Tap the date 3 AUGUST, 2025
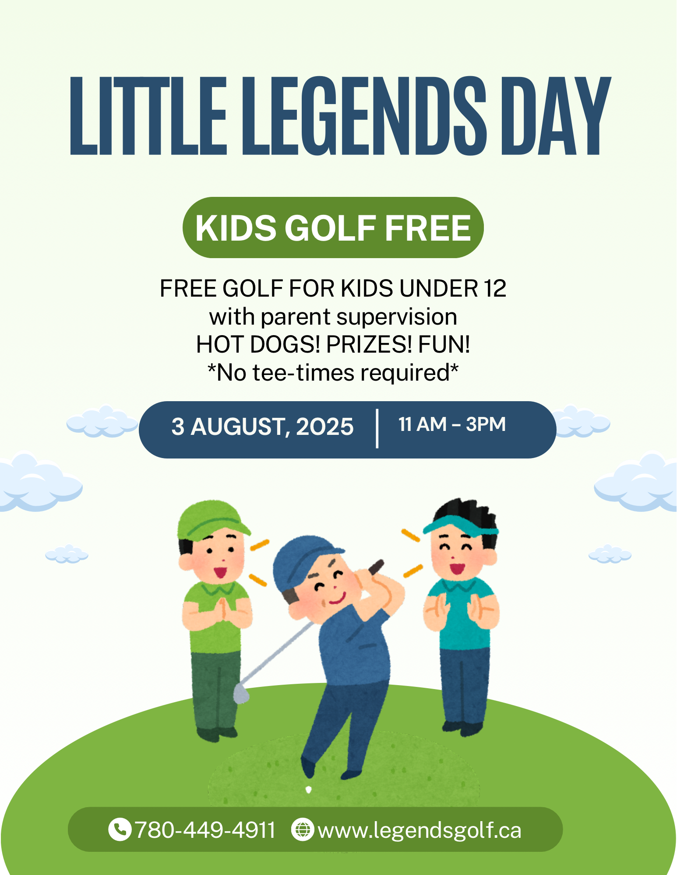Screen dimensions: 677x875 tap(262, 427)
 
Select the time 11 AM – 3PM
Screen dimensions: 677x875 tap(452, 424)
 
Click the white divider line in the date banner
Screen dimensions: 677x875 tap(377, 429)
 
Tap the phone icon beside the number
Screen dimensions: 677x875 tap(120, 829)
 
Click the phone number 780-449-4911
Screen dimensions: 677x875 tap(205, 830)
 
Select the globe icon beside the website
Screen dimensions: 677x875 tap(303, 829)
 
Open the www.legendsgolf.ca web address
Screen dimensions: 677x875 tap(420, 830)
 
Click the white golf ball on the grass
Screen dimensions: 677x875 tap(308, 790)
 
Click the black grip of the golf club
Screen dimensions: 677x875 tap(376, 567)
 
